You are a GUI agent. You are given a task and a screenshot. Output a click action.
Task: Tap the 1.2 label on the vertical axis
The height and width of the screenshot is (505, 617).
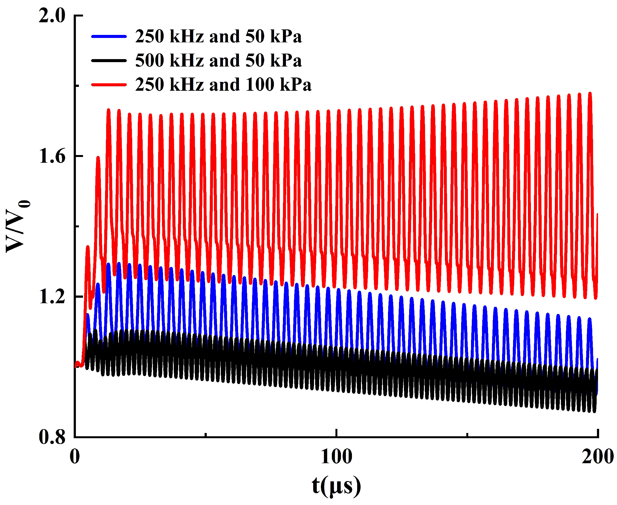pos(52,297)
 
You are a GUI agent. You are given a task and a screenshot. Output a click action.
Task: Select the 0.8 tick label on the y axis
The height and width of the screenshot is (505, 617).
pos(52,437)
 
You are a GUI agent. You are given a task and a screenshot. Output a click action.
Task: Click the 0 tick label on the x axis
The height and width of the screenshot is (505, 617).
pos(75,456)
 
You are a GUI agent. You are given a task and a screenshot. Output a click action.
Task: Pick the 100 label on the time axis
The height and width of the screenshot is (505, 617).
pos(336,456)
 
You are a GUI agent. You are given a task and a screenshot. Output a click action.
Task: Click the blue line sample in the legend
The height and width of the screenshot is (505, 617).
pos(109,36)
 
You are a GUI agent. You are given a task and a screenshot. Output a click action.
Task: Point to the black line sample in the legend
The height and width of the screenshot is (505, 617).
pos(109,60)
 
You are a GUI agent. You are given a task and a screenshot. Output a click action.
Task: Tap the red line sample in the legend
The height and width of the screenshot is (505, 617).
pos(109,85)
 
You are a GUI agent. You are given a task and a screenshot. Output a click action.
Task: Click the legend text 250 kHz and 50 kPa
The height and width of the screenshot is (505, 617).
pos(218,37)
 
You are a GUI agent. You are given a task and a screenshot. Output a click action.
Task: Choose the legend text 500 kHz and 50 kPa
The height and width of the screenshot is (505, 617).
pos(218,61)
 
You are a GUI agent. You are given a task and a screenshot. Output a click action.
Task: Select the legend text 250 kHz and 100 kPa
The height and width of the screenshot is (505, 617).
pos(223,85)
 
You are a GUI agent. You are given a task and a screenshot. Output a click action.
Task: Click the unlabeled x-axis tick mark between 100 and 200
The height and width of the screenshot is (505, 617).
pos(467,435)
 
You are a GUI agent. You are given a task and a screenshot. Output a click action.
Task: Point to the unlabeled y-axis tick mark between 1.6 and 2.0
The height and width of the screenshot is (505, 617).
pos(77,86)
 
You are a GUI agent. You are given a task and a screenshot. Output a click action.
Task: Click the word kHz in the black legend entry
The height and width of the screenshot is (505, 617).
pos(186,61)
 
